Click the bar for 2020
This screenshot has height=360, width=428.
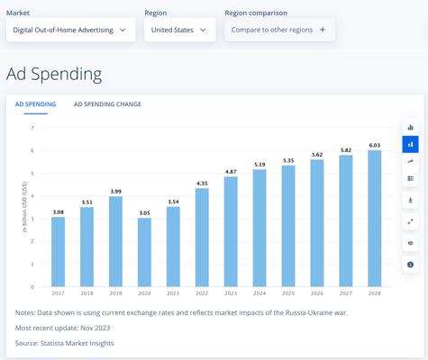[x=144, y=252]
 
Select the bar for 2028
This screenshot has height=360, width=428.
[x=375, y=219]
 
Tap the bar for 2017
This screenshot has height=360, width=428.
[x=58, y=252]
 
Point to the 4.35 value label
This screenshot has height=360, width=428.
[x=202, y=184]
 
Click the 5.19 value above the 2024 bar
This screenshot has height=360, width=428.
[x=260, y=165]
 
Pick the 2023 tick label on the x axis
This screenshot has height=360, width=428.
[x=231, y=293]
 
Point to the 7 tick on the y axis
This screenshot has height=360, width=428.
[x=32, y=128]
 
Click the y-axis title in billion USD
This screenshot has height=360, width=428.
[x=24, y=207]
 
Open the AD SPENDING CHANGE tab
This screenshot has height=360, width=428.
[x=107, y=104]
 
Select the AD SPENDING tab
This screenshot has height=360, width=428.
[x=35, y=104]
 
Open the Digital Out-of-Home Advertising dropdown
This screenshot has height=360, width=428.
[x=70, y=30]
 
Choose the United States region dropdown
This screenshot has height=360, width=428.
[x=180, y=30]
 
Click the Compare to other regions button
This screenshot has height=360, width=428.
[x=279, y=30]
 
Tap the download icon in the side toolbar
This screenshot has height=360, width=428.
[x=410, y=200]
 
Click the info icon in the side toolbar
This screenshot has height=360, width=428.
[x=410, y=265]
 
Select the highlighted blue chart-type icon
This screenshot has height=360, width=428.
[x=410, y=144]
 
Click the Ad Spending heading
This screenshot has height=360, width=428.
[x=54, y=74]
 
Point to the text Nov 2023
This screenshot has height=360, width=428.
[x=96, y=328]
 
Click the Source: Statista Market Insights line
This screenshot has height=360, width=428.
[x=65, y=343]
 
